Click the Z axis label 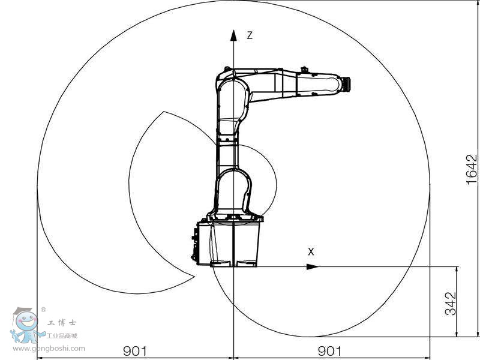(250, 35)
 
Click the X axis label (311, 252)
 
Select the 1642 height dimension (472, 170)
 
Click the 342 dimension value (451, 303)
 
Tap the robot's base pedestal (235, 243)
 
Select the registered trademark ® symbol (43, 310)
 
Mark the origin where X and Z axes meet (233, 266)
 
